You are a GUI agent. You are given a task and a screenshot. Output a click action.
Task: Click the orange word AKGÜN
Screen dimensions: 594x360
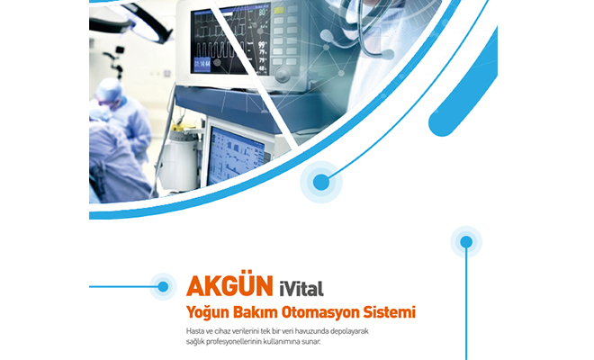(229, 286)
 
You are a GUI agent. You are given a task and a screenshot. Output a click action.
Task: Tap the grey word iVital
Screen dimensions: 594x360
(301, 289)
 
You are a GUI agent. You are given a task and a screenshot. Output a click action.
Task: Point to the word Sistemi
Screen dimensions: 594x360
(390, 312)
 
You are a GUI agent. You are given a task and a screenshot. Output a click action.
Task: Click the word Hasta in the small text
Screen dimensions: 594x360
(194, 331)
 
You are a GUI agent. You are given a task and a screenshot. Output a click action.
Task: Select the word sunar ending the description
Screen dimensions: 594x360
(312, 342)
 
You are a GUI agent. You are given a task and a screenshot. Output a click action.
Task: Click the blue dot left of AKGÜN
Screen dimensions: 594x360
(163, 287)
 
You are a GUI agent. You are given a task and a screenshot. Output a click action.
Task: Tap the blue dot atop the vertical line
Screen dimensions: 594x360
(466, 242)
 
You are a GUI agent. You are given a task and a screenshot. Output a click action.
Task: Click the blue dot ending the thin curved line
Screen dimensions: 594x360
(321, 183)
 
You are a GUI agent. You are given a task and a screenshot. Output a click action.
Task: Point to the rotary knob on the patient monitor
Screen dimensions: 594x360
(283, 74)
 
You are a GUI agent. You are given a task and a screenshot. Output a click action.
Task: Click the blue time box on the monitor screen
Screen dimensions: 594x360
(202, 65)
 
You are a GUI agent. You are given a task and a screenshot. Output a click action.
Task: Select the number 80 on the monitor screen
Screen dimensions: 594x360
(262, 13)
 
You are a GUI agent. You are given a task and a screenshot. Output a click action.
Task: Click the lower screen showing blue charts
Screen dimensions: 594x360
(236, 156)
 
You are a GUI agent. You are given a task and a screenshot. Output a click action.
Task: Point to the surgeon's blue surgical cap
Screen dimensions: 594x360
(109, 89)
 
